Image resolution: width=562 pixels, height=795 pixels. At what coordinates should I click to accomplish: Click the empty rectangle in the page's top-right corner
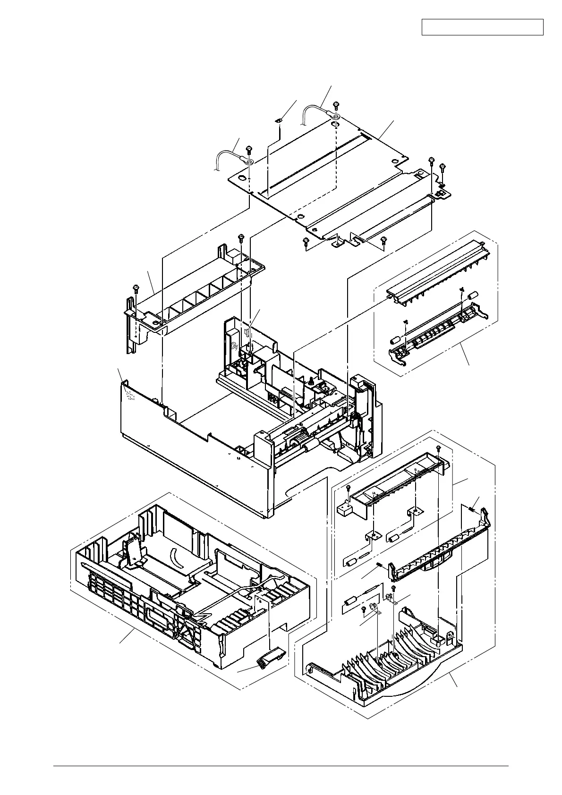[x=482, y=27]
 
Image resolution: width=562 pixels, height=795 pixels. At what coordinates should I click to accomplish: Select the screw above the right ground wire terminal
[x=336, y=105]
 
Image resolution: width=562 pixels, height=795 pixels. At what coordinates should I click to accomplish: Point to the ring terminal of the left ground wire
[x=249, y=162]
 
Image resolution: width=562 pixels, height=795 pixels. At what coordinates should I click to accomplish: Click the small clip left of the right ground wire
[x=280, y=121]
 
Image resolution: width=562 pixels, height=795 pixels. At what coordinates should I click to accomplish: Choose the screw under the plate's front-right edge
[x=383, y=240]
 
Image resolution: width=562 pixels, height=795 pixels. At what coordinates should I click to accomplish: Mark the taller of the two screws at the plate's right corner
[x=432, y=161]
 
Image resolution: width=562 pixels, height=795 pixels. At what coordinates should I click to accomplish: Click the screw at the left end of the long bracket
[x=136, y=288]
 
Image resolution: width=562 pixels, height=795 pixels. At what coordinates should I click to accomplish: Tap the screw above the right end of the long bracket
[x=241, y=237]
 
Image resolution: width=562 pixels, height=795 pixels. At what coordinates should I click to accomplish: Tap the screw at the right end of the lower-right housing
[x=439, y=447]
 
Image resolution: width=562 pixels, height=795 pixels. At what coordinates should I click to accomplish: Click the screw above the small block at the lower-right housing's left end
[x=348, y=488]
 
